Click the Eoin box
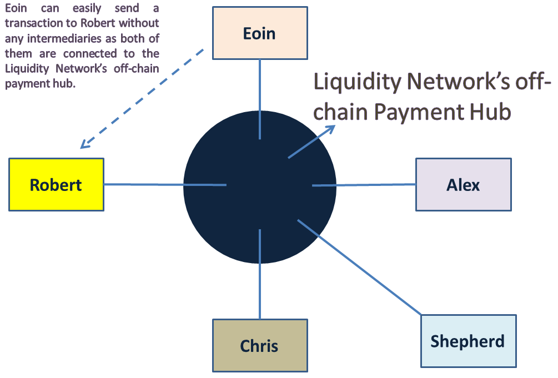coord(260,33)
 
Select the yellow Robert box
coord(56,184)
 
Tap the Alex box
coord(463,184)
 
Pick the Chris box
coord(259,345)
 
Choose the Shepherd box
coord(467,340)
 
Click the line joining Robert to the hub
coord(144,184)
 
